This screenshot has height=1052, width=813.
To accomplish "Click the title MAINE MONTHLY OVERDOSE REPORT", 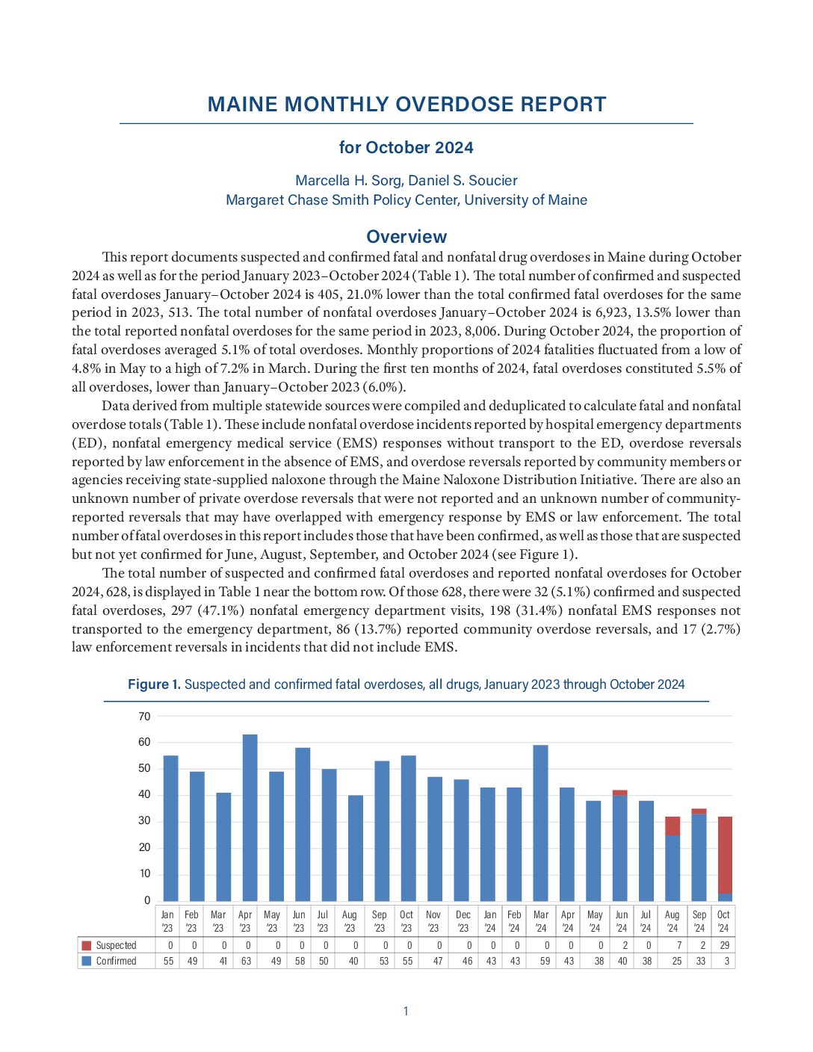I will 406,105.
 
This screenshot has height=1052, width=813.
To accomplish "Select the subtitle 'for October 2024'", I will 406,148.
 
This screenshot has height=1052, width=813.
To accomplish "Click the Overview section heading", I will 406,237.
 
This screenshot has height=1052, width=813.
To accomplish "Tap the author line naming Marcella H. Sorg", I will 406,181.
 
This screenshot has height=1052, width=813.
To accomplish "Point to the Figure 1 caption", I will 406,684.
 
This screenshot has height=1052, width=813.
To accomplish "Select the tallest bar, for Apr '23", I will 250,818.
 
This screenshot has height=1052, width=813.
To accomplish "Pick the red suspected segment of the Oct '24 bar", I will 725,855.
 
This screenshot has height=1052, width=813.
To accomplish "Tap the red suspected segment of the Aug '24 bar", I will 673,826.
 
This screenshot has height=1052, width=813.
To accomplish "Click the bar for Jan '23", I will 170,829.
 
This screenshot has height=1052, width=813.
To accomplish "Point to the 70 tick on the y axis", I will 144,717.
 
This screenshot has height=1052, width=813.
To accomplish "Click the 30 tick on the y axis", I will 144,821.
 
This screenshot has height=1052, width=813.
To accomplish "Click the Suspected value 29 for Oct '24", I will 725,946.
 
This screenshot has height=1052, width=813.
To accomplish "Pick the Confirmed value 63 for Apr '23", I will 246,962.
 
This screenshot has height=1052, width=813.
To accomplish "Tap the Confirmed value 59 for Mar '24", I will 545,962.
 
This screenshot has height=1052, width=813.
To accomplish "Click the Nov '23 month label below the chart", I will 433,921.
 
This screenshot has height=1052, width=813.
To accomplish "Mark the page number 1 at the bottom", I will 406,1012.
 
